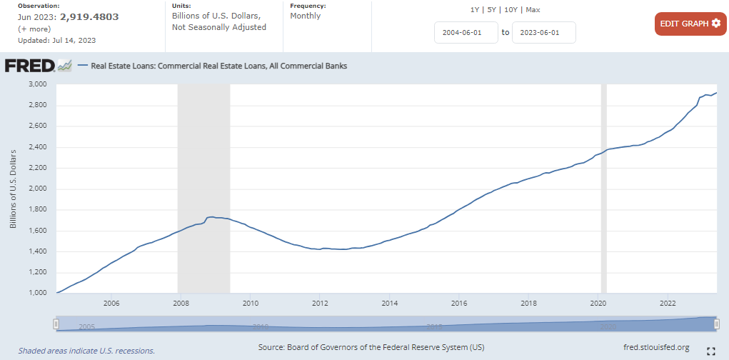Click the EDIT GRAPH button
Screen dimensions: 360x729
click(x=690, y=24)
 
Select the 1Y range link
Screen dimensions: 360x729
click(x=475, y=9)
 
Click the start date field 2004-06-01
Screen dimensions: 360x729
click(x=466, y=32)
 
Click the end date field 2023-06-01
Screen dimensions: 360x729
click(x=543, y=32)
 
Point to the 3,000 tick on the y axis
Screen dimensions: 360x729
click(x=36, y=84)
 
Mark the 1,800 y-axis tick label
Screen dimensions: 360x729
click(x=36, y=210)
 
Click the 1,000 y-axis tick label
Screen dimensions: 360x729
click(x=36, y=293)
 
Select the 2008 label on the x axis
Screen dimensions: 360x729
click(x=181, y=303)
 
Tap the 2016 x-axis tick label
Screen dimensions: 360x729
click(x=459, y=303)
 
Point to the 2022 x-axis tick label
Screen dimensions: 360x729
click(x=668, y=303)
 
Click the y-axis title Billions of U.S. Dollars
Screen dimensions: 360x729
click(x=13, y=189)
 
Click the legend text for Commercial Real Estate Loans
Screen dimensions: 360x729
click(x=218, y=66)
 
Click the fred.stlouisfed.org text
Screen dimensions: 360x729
click(x=656, y=348)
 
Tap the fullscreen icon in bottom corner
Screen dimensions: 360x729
click(x=710, y=351)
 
